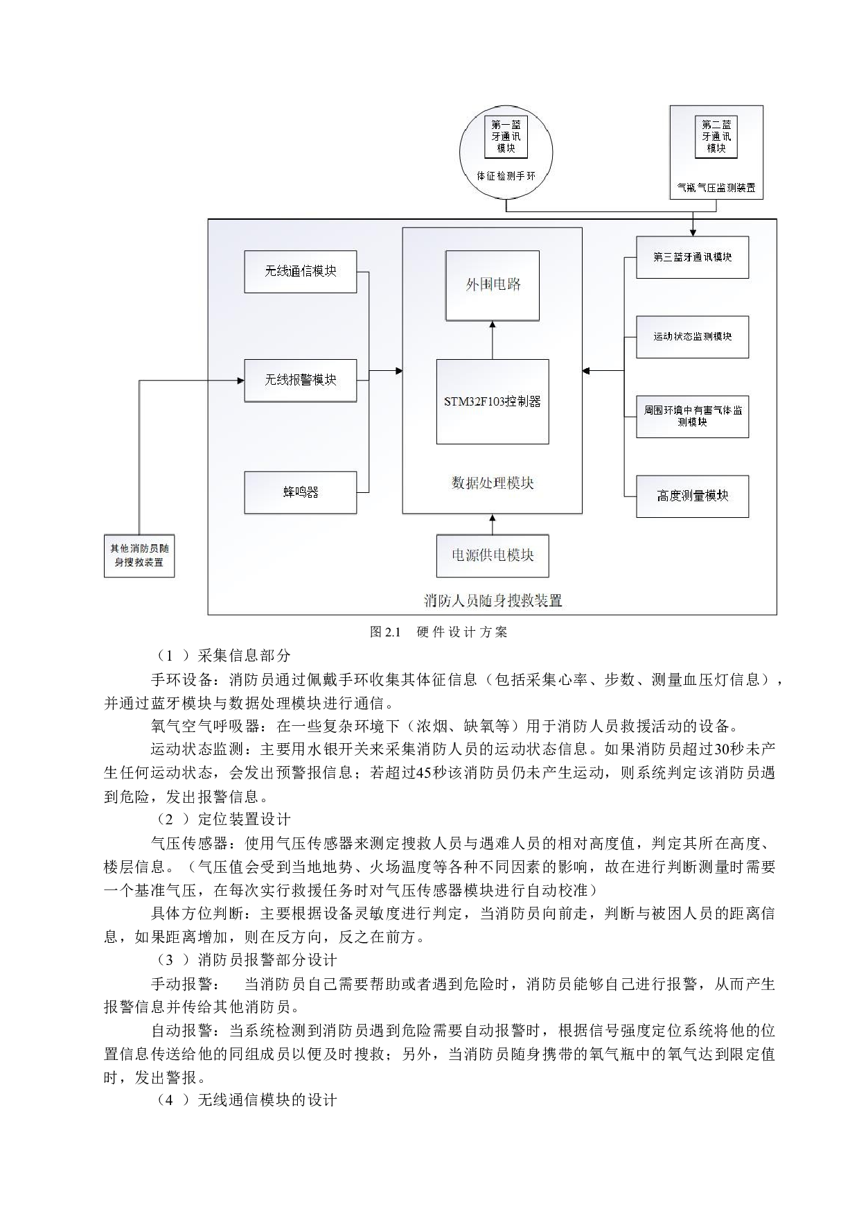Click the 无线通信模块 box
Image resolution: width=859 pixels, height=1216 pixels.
point(300,272)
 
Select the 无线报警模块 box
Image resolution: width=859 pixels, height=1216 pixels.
point(300,380)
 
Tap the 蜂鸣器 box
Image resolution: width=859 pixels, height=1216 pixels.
point(300,492)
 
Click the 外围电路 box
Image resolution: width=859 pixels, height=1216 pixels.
point(493,285)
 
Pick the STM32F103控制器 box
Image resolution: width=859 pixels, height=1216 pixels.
point(493,401)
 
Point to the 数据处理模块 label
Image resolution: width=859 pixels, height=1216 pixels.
point(493,483)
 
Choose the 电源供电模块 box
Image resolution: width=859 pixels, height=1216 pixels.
point(493,555)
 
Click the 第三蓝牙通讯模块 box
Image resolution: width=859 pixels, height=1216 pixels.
point(692,257)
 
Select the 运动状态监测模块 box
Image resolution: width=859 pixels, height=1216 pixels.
point(692,337)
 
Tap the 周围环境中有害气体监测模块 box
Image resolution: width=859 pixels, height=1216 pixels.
point(692,417)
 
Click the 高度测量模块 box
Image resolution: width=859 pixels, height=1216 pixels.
point(692,496)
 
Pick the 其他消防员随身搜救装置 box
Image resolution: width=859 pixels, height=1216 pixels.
point(139,555)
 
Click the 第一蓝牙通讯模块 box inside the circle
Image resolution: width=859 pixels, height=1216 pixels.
point(506,137)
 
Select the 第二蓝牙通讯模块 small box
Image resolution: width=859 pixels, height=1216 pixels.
point(716,137)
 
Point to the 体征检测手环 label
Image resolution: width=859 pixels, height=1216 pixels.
point(506,176)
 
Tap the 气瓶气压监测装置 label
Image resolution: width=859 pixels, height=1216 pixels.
point(716,188)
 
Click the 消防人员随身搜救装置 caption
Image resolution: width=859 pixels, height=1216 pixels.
point(493,601)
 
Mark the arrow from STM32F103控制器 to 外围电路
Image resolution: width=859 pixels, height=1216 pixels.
point(493,340)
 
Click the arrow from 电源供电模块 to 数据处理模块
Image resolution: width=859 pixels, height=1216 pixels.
point(493,524)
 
